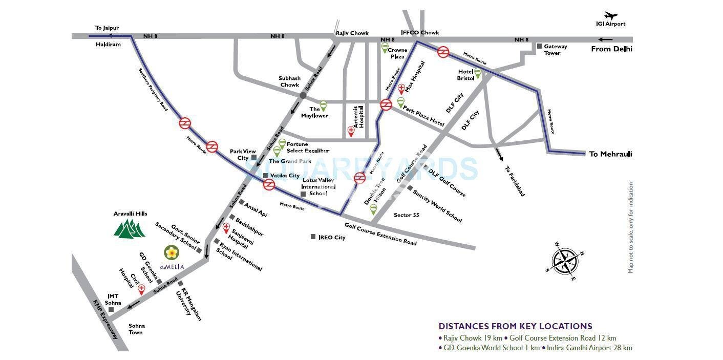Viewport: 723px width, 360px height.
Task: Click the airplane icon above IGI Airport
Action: pyautogui.click(x=611, y=15)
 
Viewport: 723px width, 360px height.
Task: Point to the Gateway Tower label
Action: pyautogui.click(x=555, y=50)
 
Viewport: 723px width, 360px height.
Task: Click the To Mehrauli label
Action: pyautogui.click(x=610, y=154)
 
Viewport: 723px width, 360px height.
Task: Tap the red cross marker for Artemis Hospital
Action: pyautogui.click(x=351, y=131)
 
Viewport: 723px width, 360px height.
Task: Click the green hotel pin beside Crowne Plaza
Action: pyautogui.click(x=385, y=48)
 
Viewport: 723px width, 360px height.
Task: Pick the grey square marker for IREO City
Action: pyautogui.click(x=313, y=237)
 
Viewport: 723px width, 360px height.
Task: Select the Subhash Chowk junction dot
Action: pyautogui.click(x=303, y=95)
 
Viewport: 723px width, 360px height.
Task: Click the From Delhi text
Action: pyautogui.click(x=611, y=49)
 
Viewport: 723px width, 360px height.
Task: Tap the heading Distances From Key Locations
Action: pyautogui.click(x=515, y=326)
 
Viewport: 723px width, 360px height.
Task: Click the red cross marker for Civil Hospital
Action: pyautogui.click(x=142, y=289)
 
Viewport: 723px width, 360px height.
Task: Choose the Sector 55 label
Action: pyautogui.click(x=406, y=215)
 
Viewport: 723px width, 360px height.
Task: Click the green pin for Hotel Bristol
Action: pyautogui.click(x=478, y=73)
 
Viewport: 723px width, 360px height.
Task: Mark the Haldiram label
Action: pyautogui.click(x=108, y=45)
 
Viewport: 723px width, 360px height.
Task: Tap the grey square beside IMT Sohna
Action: pyautogui.click(x=111, y=309)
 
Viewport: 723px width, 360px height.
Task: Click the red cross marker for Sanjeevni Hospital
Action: pyautogui.click(x=226, y=227)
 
